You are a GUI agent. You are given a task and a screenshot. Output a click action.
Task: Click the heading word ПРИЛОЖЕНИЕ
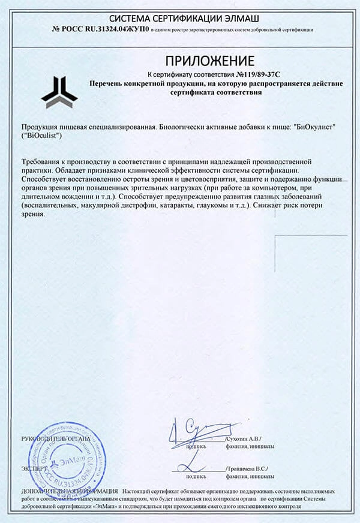pyautogui.click(x=209, y=61)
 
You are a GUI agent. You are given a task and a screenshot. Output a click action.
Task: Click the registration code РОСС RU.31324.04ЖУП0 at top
pyautogui.click(x=104, y=28)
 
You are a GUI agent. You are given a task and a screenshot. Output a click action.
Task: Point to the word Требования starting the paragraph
pyautogui.click(x=44, y=162)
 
